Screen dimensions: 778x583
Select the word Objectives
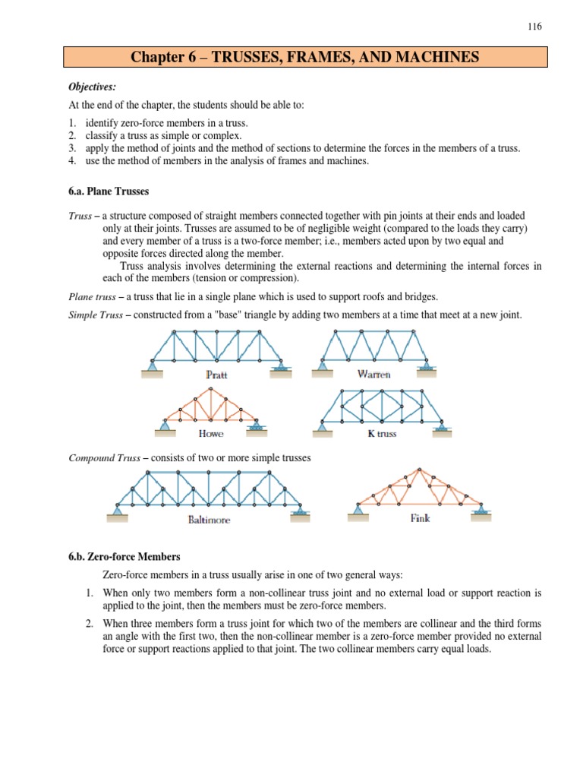pyautogui.click(x=90, y=87)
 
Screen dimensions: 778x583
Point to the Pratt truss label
pyautogui.click(x=216, y=375)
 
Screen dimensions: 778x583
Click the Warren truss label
pyautogui.click(x=373, y=374)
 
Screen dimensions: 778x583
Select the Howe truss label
pyautogui.click(x=210, y=434)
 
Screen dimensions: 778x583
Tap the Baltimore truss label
pyautogui.click(x=208, y=520)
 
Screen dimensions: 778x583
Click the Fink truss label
pyautogui.click(x=420, y=519)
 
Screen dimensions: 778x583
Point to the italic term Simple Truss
pyautogui.click(x=89, y=314)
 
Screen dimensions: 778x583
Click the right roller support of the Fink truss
pyautogui.click(x=480, y=511)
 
